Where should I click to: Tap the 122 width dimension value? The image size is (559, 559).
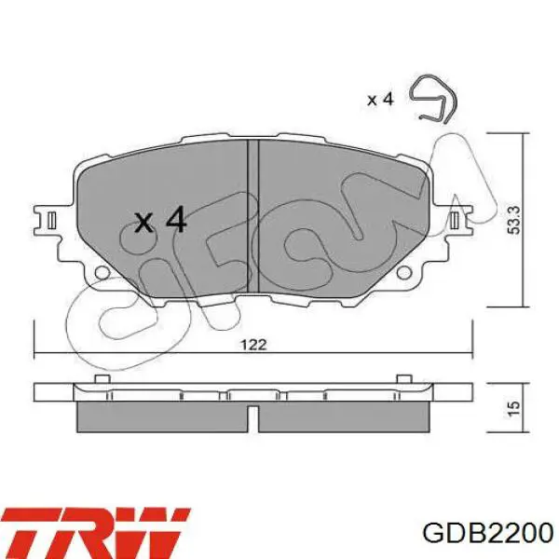(252, 344)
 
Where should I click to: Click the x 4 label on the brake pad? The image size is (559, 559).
(160, 221)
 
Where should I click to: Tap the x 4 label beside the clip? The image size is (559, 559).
(381, 99)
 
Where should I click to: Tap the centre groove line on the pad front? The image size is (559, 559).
(252, 205)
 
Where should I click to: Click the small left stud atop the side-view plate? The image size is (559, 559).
(99, 379)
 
